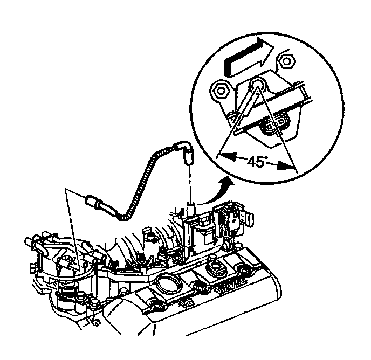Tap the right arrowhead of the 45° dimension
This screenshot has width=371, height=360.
(288, 167)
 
